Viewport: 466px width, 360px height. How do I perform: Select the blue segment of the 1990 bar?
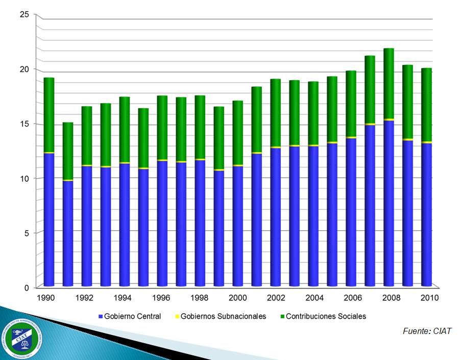[x=49, y=220]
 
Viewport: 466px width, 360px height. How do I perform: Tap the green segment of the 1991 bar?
[x=68, y=151]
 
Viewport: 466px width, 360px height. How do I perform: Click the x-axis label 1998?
[x=200, y=298]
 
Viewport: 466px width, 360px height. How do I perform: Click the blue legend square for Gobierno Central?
[x=101, y=317]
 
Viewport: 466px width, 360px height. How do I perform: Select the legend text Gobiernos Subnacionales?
[x=224, y=317]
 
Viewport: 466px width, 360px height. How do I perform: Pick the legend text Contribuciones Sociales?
[x=326, y=317]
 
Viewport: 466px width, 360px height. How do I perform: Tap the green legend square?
[x=282, y=317]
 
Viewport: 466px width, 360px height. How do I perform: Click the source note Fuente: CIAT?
[x=427, y=331]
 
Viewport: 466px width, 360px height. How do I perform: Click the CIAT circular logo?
[x=23, y=338]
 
